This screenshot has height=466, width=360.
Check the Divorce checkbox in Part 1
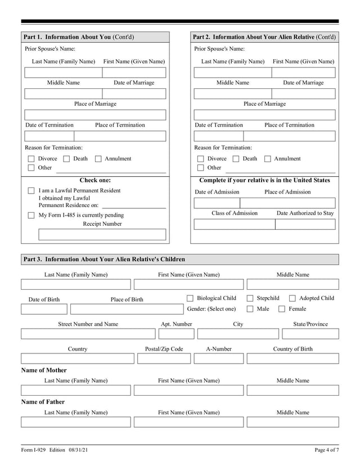click(31, 159)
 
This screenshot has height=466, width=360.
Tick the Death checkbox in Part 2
click(236, 159)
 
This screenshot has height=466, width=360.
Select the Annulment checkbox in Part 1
click(98, 159)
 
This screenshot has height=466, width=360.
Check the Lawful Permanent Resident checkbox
click(31, 191)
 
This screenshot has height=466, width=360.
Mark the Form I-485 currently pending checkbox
click(31, 216)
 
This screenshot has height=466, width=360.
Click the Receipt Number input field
click(96, 234)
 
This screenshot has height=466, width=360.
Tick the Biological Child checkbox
click(190, 298)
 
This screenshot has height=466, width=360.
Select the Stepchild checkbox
click(250, 298)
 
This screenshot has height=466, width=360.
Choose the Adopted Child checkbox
click(292, 298)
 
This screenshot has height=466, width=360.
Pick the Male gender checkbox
click(250, 309)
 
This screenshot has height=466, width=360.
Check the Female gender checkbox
click(282, 309)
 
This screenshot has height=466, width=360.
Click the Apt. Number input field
click(176, 334)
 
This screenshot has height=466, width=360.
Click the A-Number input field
click(219, 359)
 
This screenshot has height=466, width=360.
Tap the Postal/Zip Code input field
click(164, 359)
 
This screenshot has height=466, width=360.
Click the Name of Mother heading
click(44, 370)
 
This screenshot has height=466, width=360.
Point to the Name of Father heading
click(43, 402)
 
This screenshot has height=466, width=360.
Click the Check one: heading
click(95, 181)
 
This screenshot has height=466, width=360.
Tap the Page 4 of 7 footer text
click(326, 450)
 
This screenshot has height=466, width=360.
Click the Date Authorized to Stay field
click(305, 225)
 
